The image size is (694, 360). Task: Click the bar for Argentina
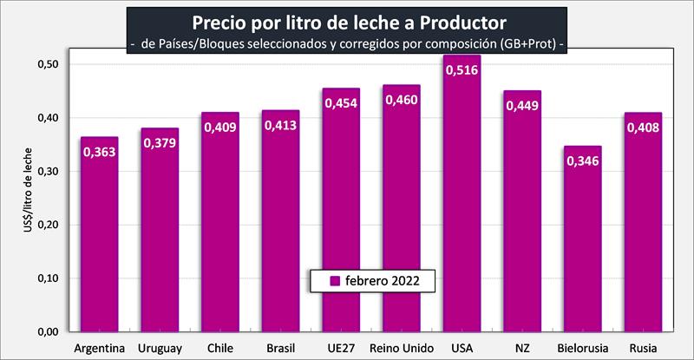click(100, 243)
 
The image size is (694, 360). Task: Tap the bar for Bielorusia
click(582, 252)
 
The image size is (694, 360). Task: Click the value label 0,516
click(462, 70)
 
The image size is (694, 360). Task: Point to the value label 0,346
click(583, 161)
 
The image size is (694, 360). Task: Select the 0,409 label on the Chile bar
click(220, 128)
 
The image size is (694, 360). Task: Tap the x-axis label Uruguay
click(160, 349)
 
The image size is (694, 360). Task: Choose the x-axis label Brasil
click(281, 349)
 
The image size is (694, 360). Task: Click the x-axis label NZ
click(522, 349)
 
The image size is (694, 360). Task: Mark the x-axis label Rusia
click(643, 349)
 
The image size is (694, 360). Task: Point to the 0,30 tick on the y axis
click(49, 171)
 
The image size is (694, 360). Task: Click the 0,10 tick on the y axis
click(49, 278)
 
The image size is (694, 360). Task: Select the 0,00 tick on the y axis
click(49, 331)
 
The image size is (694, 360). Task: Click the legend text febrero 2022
click(382, 281)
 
